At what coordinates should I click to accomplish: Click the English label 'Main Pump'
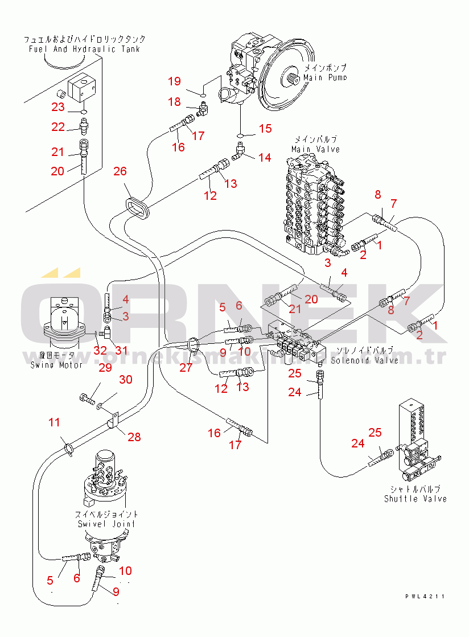pos(324,77)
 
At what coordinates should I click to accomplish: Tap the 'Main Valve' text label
pos(315,149)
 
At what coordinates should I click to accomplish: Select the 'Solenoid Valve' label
pos(364,360)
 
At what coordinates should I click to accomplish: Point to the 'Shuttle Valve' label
pos(415,499)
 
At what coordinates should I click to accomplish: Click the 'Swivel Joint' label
pos(106,524)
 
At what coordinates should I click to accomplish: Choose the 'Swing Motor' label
pos(56,364)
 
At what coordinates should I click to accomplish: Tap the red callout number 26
pos(120,171)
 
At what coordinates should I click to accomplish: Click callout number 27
pos(186,367)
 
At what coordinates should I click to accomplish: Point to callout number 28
pos(134,437)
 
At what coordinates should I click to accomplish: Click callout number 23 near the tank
pos(59,107)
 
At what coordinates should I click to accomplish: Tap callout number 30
pos(125,380)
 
